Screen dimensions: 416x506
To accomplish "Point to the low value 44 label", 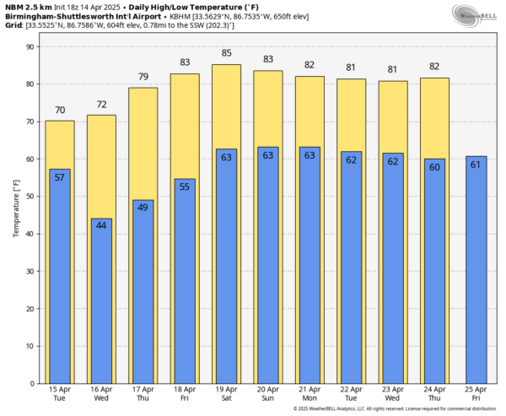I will tap(101, 225).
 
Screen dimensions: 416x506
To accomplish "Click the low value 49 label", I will tap(143, 207).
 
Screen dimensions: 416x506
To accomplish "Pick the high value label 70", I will tap(59, 110).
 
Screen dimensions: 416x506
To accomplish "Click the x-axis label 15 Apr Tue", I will tap(59, 394).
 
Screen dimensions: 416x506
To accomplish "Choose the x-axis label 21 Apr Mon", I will tap(309, 394).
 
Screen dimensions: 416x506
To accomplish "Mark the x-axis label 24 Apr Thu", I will tap(434, 394).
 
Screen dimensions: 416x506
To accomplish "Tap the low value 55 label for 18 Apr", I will tap(185, 185).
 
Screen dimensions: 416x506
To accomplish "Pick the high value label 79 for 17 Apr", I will tap(143, 77).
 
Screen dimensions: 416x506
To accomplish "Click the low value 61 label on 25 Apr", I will tap(476, 163).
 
